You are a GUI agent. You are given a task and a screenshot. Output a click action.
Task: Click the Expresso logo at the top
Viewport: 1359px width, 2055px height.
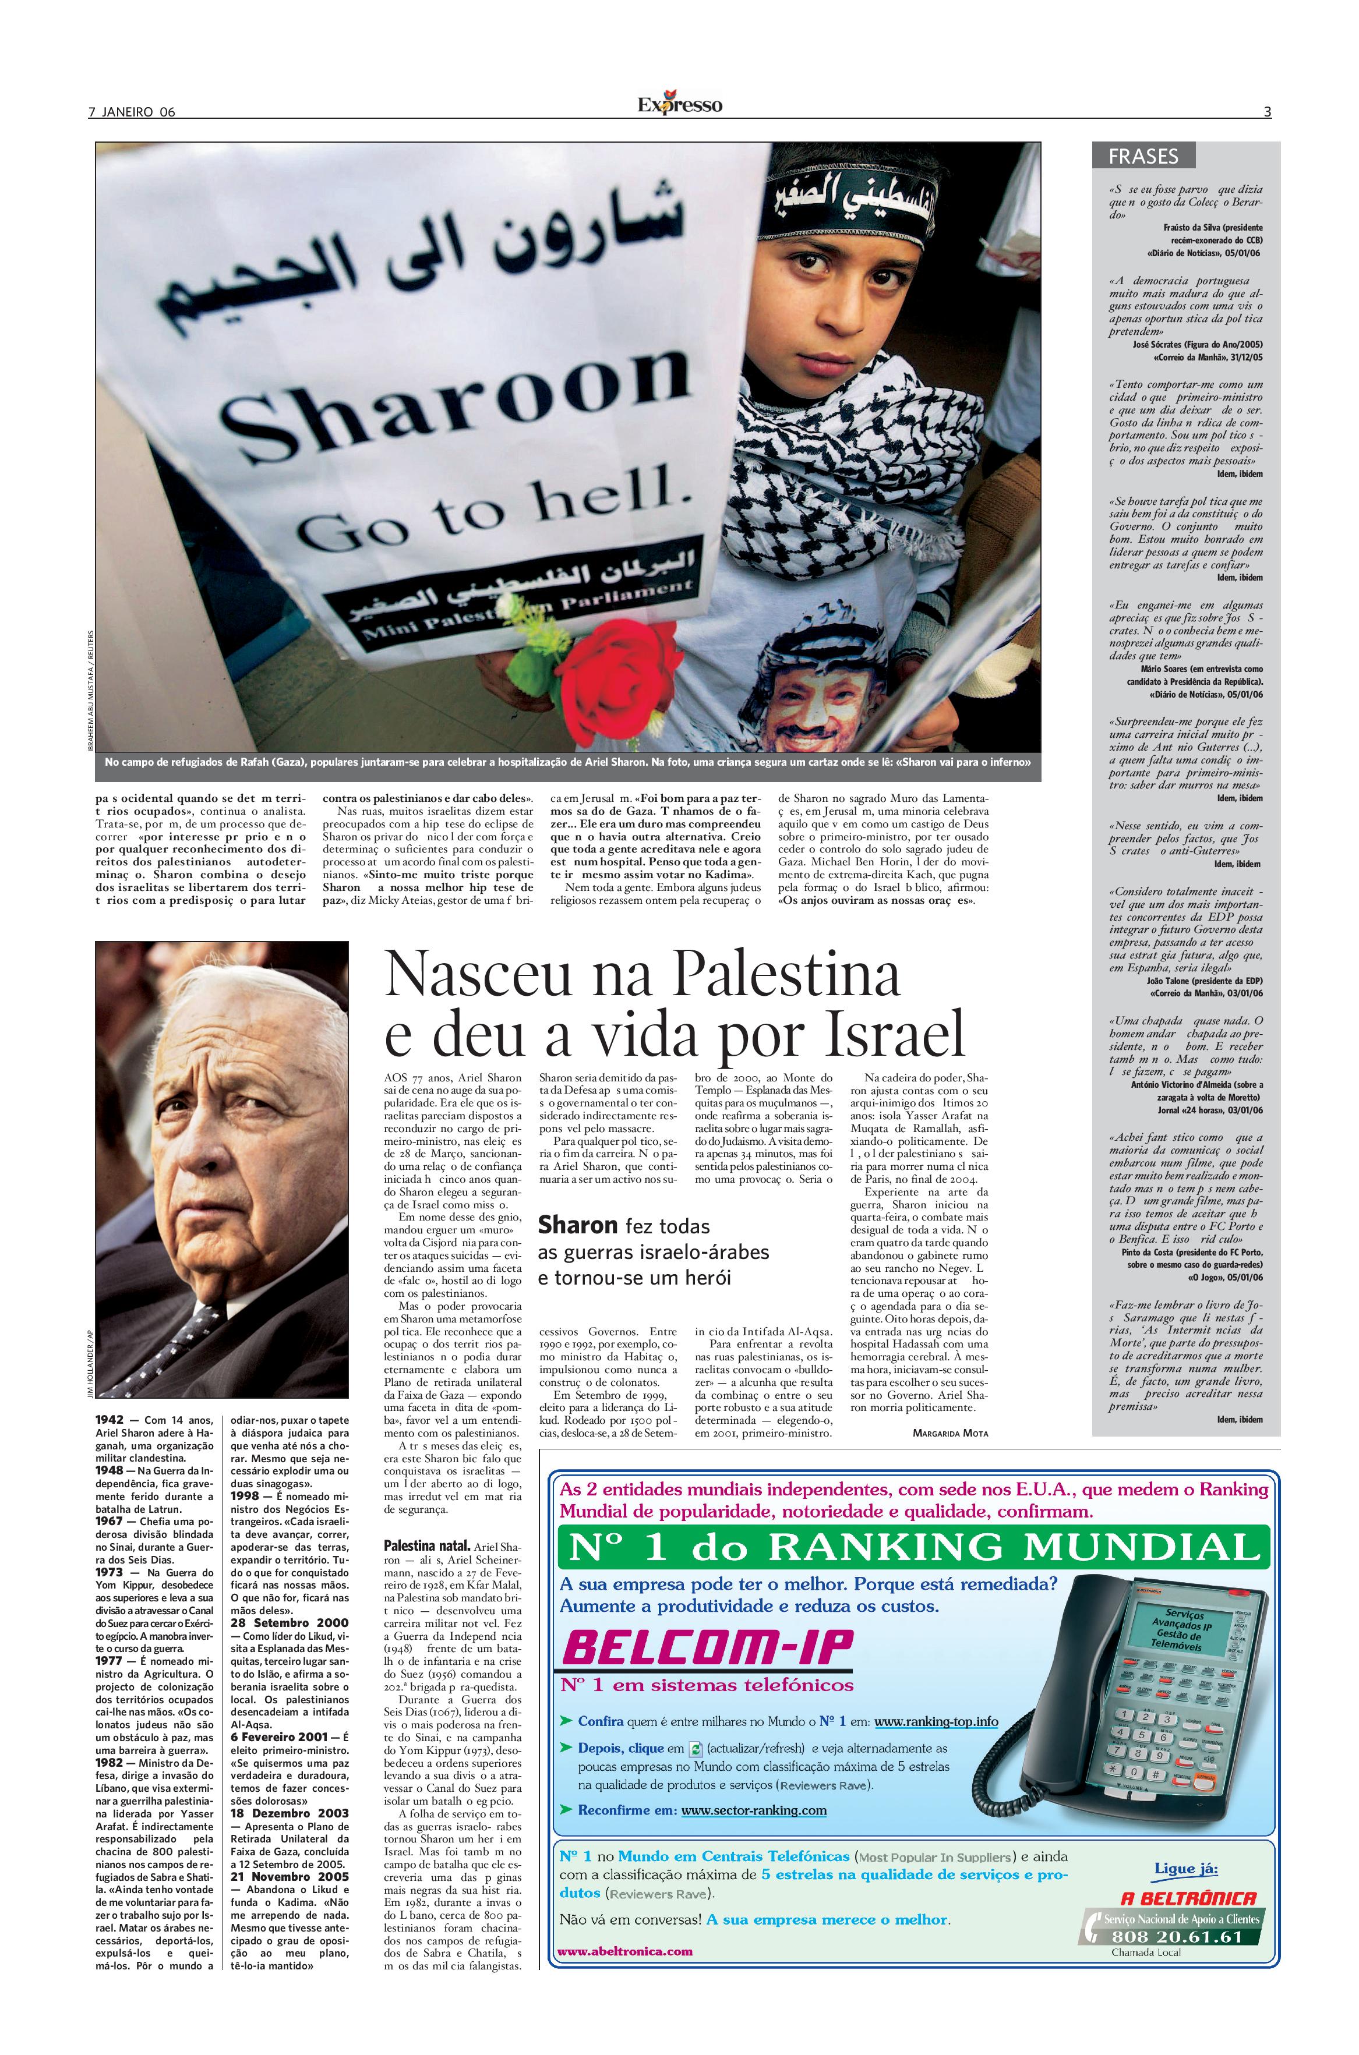pos(679,105)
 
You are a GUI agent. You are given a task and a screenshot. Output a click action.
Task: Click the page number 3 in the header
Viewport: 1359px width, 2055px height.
pos(1267,112)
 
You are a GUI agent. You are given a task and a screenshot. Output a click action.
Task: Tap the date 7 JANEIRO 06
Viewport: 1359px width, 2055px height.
pos(132,112)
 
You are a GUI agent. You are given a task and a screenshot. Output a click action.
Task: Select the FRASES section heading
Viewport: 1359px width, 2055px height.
pos(1143,157)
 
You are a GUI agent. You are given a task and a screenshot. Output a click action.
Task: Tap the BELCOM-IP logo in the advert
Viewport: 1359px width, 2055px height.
pos(707,1649)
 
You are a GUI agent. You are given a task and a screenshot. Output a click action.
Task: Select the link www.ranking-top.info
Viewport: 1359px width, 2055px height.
pos(936,1721)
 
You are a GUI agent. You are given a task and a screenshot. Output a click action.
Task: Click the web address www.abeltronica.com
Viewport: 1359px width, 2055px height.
pos(624,1951)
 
